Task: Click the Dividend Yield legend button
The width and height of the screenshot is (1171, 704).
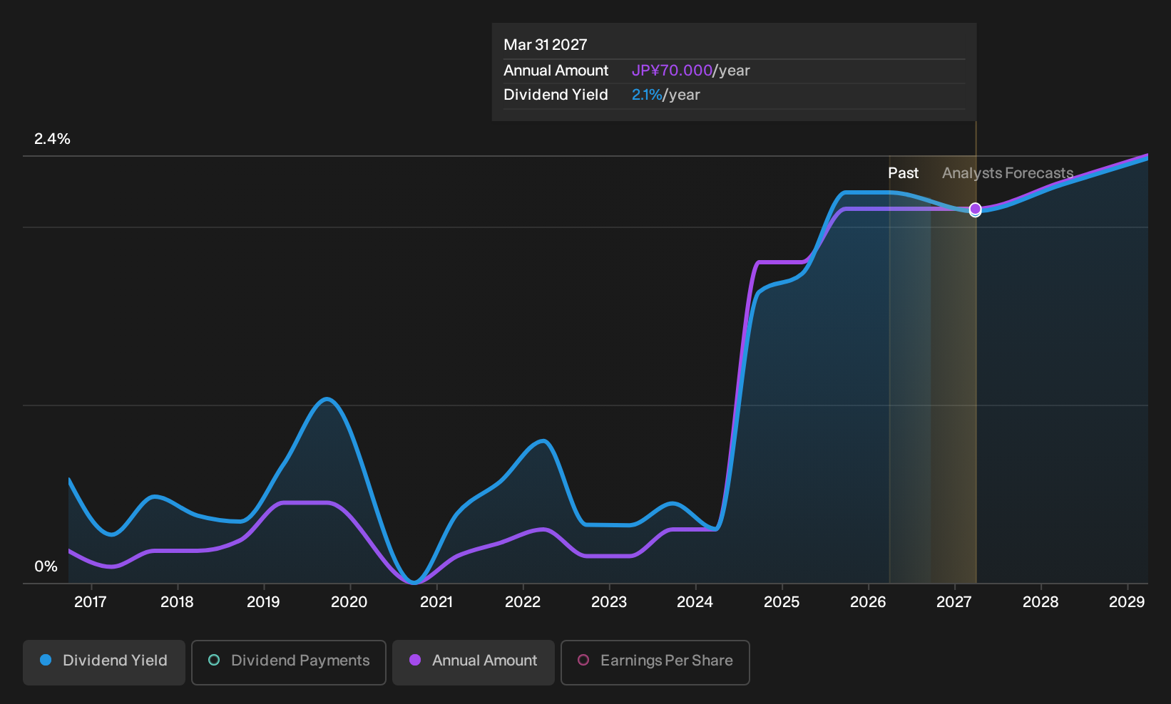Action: click(x=104, y=662)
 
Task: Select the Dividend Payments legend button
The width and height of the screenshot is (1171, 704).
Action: click(x=289, y=662)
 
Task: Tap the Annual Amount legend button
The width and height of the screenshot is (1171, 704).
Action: click(x=473, y=662)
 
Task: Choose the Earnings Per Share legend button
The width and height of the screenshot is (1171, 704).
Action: click(x=655, y=662)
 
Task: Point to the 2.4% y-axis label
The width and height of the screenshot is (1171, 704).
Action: click(x=52, y=139)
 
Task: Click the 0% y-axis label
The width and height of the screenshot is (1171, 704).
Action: click(x=46, y=566)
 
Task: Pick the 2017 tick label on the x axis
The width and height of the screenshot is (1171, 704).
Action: click(x=91, y=602)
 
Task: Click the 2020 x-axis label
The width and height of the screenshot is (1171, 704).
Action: click(x=349, y=602)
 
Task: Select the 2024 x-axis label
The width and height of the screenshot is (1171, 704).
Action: click(x=695, y=602)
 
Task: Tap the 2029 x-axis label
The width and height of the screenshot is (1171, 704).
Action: click(x=1127, y=602)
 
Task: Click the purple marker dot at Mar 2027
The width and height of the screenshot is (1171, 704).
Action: click(x=975, y=209)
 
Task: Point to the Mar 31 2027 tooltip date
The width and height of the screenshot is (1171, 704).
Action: click(x=546, y=45)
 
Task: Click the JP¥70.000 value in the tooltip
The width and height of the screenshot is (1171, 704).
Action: click(x=672, y=71)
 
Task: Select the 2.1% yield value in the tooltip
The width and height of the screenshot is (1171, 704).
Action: click(x=647, y=95)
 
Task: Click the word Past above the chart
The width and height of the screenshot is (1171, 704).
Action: click(x=904, y=173)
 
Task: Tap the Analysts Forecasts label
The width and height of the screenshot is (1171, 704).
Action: click(x=1008, y=173)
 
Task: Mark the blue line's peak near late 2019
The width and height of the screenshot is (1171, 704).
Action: click(x=327, y=400)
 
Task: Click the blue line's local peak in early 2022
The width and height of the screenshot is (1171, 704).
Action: click(x=543, y=441)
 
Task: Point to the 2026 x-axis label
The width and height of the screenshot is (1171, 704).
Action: click(x=868, y=602)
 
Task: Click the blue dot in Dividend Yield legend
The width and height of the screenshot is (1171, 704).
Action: click(x=46, y=660)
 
